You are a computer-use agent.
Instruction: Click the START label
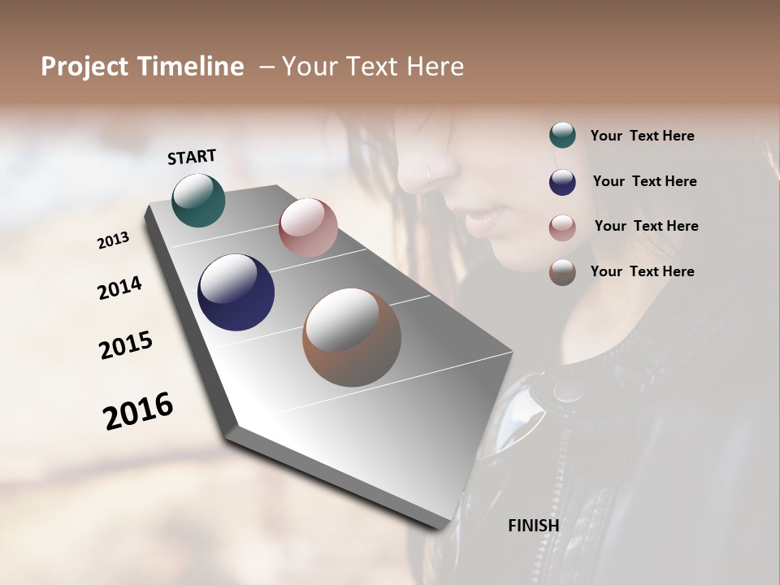tap(192, 157)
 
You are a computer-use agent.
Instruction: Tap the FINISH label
tap(533, 526)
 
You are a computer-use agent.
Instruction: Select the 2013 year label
tap(113, 240)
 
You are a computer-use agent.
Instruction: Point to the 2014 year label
tap(119, 288)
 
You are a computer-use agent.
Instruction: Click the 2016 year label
tap(138, 410)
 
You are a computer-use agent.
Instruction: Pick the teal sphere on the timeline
tap(198, 200)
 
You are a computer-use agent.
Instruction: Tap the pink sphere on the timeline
tap(308, 227)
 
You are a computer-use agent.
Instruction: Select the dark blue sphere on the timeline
tap(236, 292)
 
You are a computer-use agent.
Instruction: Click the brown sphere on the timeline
tap(351, 337)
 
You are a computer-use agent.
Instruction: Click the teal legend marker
tap(562, 136)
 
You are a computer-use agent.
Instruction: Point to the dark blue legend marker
tap(562, 182)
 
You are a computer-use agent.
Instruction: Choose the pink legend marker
tap(562, 227)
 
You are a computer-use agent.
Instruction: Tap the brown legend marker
tap(562, 272)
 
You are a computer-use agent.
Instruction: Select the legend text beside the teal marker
tap(642, 136)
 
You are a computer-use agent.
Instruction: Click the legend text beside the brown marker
tap(642, 271)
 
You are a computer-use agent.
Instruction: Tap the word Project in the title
tap(84, 67)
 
